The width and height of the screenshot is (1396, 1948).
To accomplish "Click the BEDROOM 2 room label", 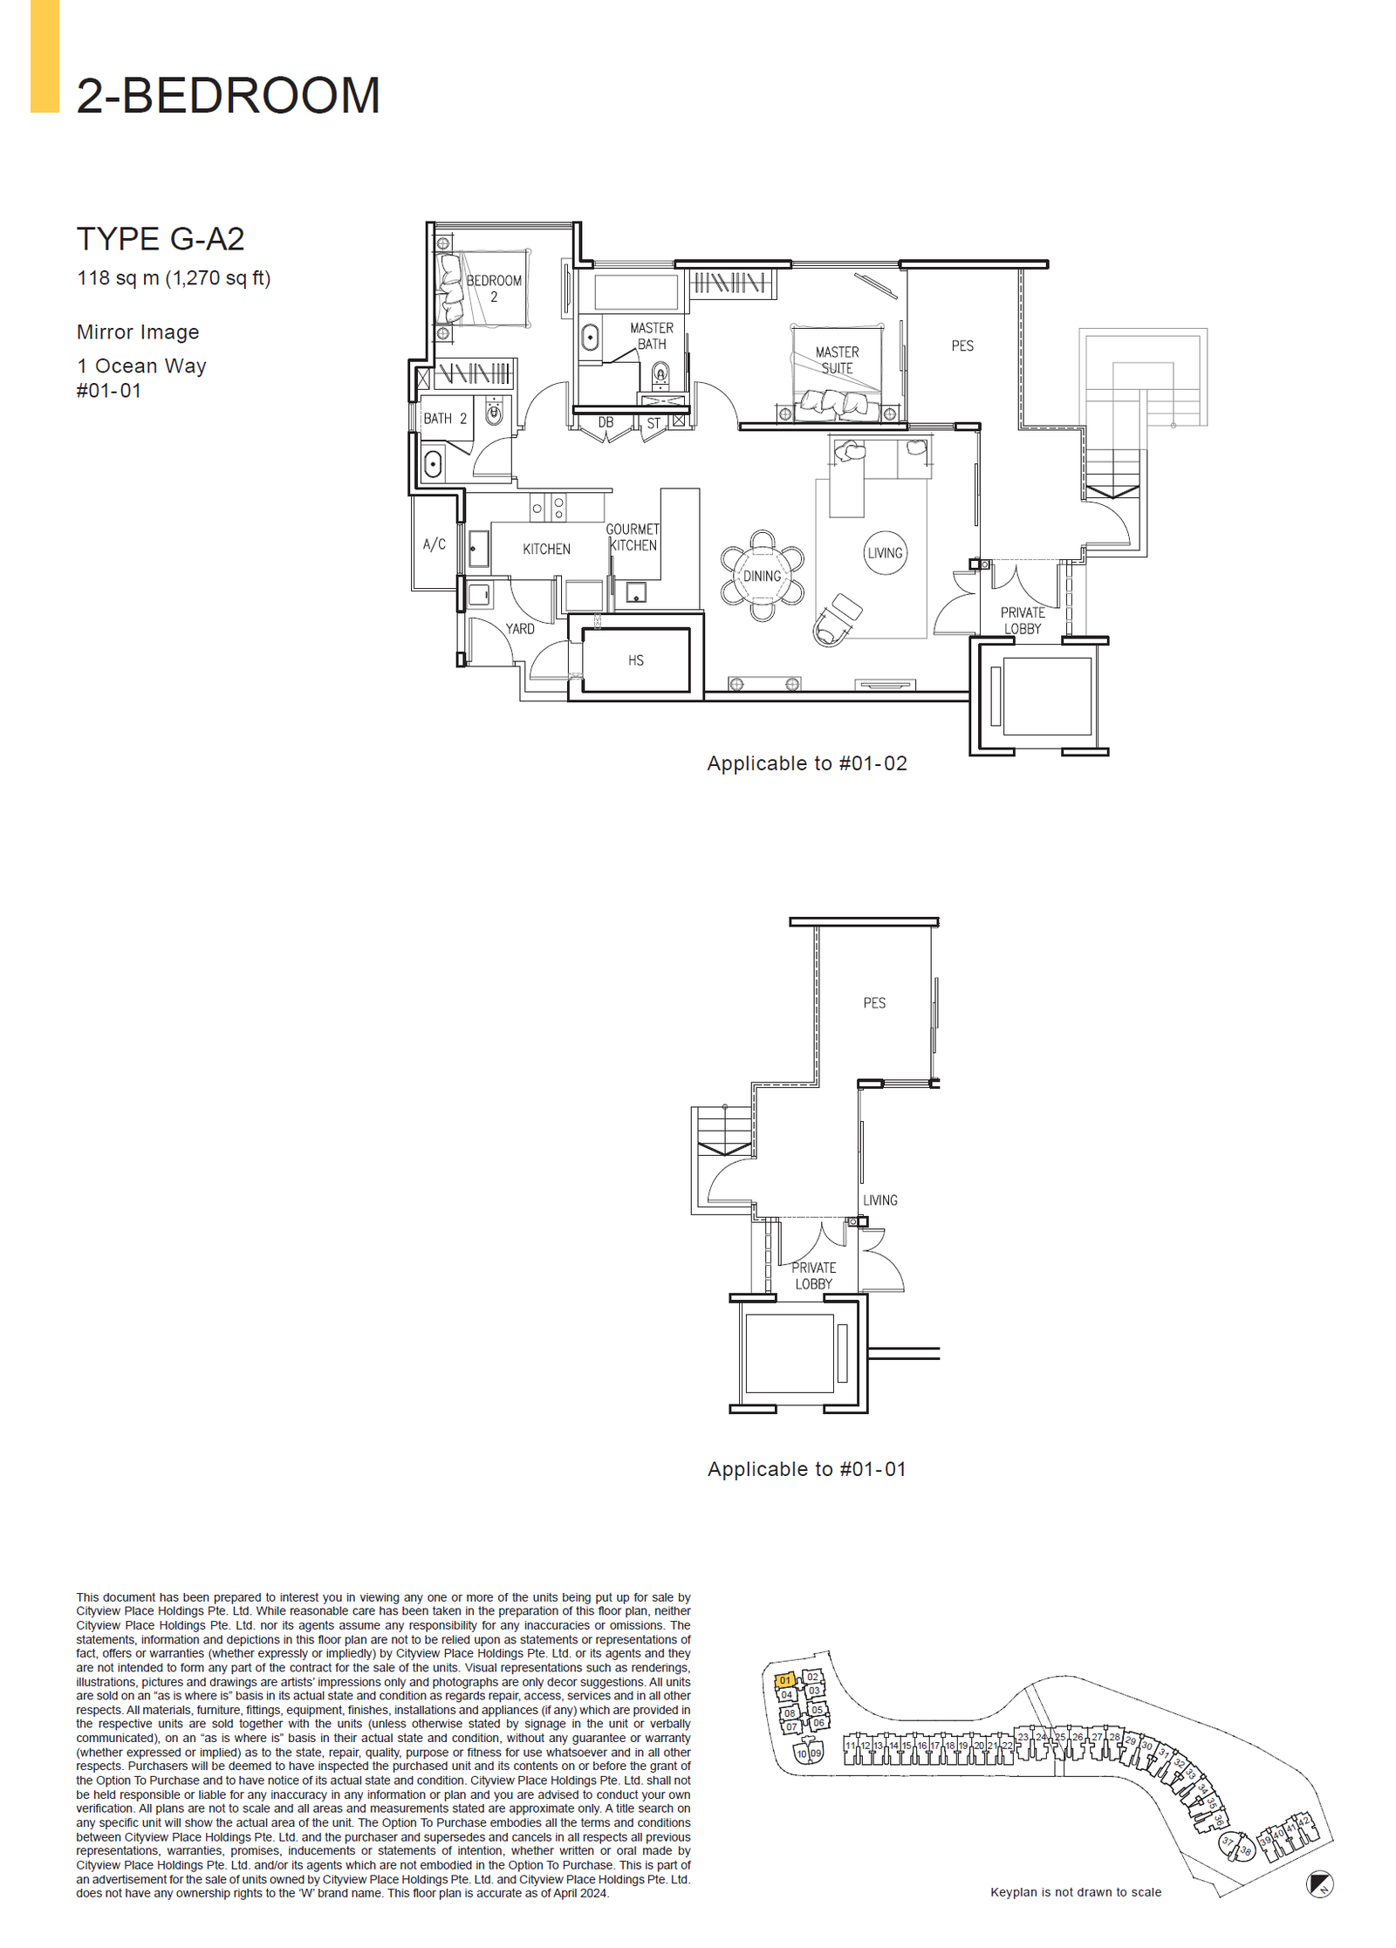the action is click(x=494, y=288).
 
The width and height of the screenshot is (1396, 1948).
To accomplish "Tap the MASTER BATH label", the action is click(x=652, y=336).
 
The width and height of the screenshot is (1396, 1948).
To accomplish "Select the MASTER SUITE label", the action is click(x=837, y=359).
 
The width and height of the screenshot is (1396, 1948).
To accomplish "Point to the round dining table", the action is click(x=762, y=576).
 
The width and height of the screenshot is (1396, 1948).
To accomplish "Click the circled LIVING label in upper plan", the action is click(x=885, y=553).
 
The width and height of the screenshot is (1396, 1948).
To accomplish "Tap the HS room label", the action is click(x=636, y=660).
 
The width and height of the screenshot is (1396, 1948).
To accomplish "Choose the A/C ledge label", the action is click(x=435, y=544).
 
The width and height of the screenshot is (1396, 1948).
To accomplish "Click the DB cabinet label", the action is click(x=606, y=422).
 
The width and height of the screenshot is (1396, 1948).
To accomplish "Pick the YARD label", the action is click(x=520, y=628).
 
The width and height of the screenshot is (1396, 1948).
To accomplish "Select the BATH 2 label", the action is click(x=445, y=419).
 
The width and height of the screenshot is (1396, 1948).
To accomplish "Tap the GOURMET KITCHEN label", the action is click(x=633, y=537).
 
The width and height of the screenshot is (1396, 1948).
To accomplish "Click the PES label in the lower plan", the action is click(x=874, y=1003).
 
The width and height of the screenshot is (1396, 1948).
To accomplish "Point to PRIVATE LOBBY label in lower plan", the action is click(x=814, y=1275).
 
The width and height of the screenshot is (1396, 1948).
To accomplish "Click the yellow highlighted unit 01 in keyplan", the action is click(x=785, y=1680).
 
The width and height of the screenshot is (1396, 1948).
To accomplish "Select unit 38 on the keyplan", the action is click(x=1245, y=1850).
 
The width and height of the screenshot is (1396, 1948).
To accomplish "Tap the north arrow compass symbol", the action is click(x=1319, y=1884).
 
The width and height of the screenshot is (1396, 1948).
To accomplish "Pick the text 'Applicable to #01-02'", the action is click(x=807, y=763).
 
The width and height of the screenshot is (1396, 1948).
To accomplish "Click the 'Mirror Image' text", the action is click(x=138, y=332).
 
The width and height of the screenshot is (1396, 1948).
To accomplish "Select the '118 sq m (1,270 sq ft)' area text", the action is click(x=174, y=278).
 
